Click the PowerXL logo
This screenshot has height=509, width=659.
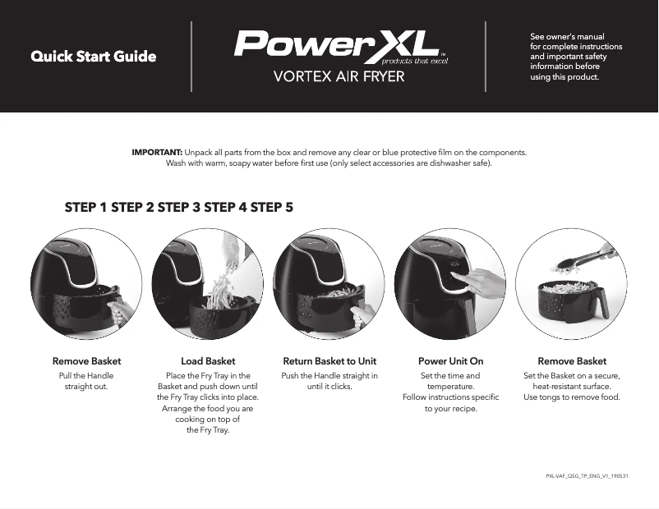click(337, 45)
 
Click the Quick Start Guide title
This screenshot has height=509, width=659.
click(93, 57)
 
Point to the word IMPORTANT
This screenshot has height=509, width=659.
click(157, 153)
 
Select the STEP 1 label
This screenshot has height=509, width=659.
click(86, 208)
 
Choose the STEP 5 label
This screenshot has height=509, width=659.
click(272, 208)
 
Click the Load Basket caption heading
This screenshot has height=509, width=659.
click(208, 361)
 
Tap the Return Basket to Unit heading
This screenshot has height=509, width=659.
click(329, 361)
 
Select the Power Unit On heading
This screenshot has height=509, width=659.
click(450, 361)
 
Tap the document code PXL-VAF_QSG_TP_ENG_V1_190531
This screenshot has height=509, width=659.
click(587, 476)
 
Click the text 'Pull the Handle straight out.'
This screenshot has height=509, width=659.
click(86, 381)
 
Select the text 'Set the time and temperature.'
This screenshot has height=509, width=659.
click(450, 381)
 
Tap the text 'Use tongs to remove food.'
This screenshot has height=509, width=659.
click(572, 397)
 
